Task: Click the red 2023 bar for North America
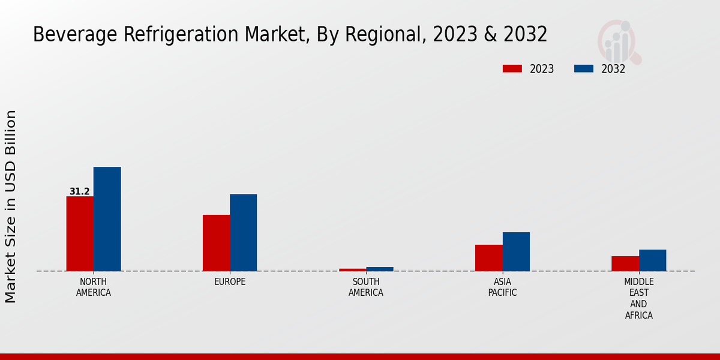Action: [80, 233]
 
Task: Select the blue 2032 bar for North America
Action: [107, 219]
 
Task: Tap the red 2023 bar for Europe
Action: [216, 243]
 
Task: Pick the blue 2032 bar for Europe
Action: [243, 232]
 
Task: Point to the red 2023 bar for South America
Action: [352, 269]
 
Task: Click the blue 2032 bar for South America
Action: [380, 269]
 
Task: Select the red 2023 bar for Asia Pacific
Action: [489, 257]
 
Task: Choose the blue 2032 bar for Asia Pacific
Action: [516, 251]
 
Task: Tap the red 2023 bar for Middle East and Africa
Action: [625, 263]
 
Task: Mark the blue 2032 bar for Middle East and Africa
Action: [652, 260]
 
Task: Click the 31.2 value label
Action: [80, 192]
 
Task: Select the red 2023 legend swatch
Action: [512, 69]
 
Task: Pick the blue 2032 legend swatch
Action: [584, 69]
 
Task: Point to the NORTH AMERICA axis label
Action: [94, 287]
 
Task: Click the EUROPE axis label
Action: [230, 282]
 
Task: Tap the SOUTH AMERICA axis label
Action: [366, 287]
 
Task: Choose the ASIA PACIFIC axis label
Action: [502, 287]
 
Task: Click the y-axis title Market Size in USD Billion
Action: [11, 206]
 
